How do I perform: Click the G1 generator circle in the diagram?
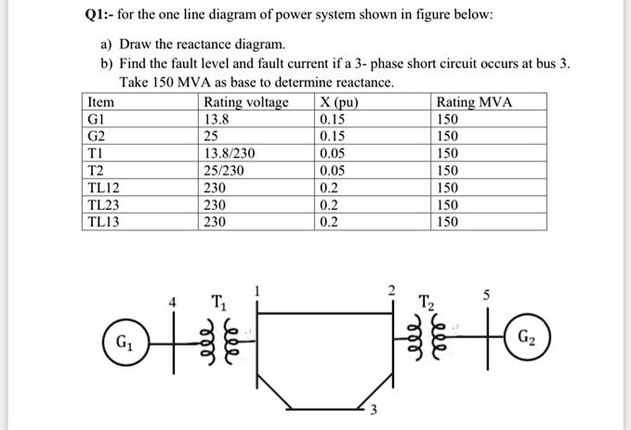point(123,350)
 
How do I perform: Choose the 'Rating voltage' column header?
point(245,102)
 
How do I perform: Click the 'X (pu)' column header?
point(340,102)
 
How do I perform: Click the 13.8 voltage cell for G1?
point(216,119)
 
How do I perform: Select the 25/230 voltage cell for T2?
point(229,170)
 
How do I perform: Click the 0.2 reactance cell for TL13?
point(328,221)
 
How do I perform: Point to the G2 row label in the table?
point(97,136)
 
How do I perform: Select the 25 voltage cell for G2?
point(211,136)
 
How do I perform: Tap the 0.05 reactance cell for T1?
point(332,153)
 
